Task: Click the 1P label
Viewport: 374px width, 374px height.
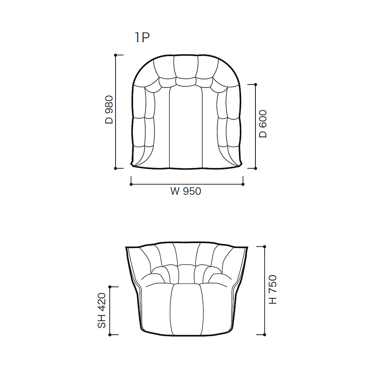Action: point(142,38)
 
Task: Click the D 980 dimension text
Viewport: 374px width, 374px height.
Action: point(109,110)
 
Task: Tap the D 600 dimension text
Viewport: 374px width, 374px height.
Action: point(263,123)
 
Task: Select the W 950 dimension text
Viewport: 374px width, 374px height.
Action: point(186,191)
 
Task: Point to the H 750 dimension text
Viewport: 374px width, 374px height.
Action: point(273,289)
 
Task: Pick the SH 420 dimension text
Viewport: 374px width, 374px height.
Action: point(102,310)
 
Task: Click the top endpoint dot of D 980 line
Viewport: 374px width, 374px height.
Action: point(116,55)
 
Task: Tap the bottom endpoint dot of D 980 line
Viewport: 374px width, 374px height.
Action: point(116,168)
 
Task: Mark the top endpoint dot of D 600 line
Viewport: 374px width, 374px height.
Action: point(256,85)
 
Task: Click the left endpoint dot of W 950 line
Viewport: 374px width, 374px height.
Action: point(131,184)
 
